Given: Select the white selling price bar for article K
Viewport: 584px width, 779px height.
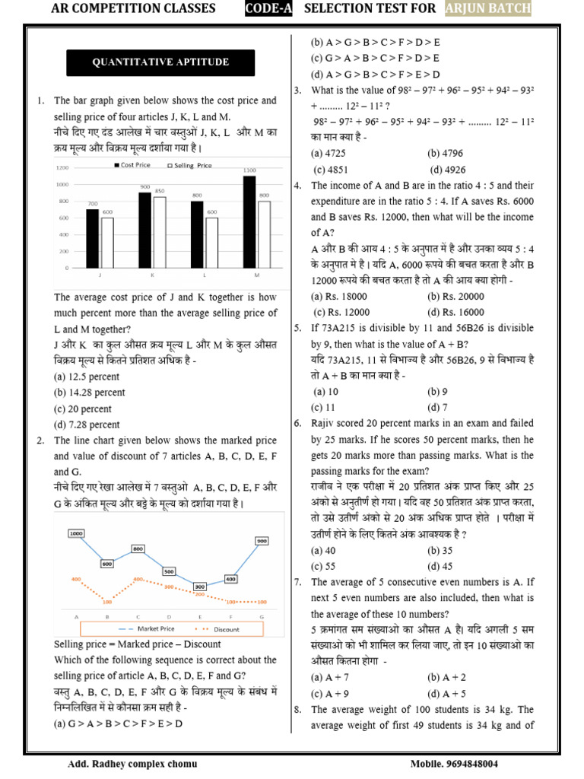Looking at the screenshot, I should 160,233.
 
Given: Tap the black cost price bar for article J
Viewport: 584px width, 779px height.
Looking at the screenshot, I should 92,239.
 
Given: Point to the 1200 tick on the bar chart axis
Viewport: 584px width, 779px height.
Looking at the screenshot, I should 62,168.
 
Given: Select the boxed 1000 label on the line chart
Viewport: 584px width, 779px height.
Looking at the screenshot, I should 76,534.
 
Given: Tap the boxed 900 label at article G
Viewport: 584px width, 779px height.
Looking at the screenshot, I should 262,541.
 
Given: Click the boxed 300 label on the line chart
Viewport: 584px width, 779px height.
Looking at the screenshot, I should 200,587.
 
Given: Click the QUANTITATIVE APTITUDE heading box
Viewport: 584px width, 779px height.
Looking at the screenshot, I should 160,62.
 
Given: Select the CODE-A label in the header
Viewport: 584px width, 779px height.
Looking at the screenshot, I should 268,8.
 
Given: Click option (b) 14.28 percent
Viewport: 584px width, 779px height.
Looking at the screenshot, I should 89,393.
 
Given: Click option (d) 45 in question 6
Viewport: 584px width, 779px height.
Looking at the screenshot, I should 441,566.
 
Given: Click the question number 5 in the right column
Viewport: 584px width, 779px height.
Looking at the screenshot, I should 298,328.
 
